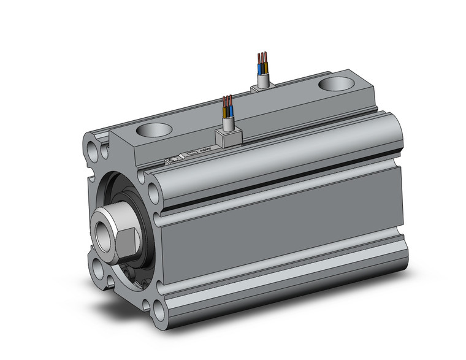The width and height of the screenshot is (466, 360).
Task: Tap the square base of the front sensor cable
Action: [x=227, y=138]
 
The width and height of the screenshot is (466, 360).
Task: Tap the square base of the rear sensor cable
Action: [x=262, y=87]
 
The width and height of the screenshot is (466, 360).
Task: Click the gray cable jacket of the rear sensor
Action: [x=263, y=77]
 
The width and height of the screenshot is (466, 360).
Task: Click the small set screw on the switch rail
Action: [x=174, y=159]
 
